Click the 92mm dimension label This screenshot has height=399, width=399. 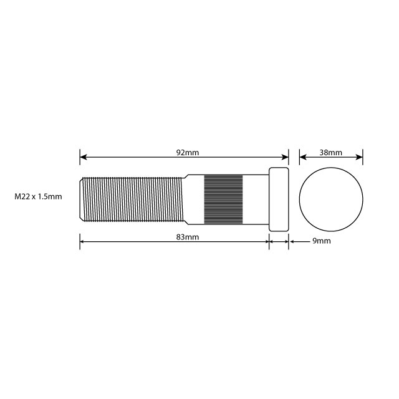click(x=188, y=152)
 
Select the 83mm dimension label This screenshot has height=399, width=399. click(x=188, y=238)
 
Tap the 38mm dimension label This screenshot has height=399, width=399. click(x=330, y=152)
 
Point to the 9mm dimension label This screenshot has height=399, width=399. click(x=320, y=241)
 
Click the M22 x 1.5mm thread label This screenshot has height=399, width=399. click(x=38, y=197)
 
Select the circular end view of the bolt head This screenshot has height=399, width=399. click(x=331, y=199)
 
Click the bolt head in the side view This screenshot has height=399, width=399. click(x=279, y=199)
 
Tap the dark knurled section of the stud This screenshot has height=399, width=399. click(x=223, y=199)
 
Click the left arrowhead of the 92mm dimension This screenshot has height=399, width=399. click(x=84, y=157)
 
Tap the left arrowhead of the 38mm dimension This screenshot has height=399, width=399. click(x=303, y=157)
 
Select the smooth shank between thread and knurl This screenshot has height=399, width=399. click(x=195, y=199)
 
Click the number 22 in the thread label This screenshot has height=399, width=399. click(x=26, y=197)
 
